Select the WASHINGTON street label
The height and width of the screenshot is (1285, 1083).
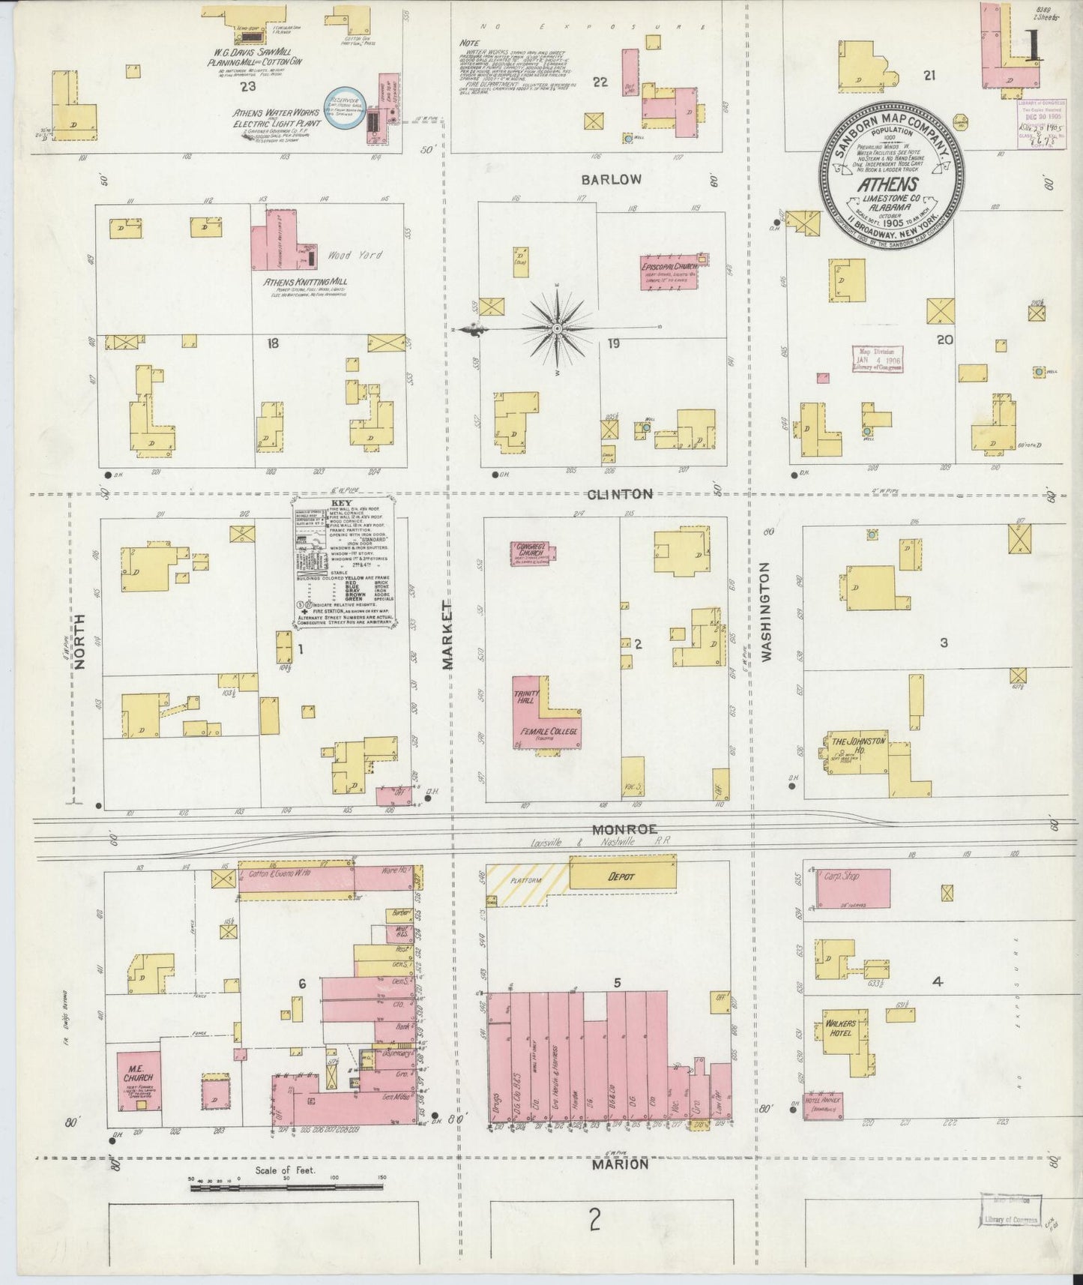pos(766,613)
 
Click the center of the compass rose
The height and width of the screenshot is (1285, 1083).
pos(558,329)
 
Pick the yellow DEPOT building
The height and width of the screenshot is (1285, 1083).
pos(621,876)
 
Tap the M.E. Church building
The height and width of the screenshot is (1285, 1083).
pos(139,1080)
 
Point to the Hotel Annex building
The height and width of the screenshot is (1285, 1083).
pos(824,1106)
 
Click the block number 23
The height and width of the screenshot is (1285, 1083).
pos(248,87)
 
